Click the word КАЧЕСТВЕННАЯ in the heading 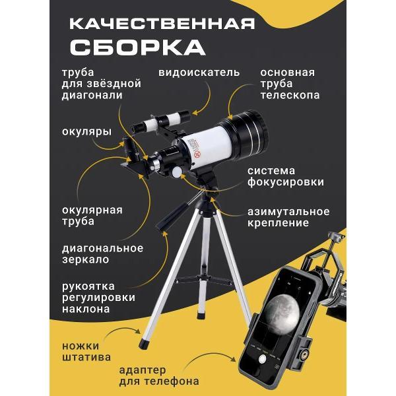[x=162, y=24]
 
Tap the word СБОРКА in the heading [x=138, y=47]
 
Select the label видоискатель [x=199, y=73]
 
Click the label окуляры [x=86, y=131]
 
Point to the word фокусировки [x=286, y=182]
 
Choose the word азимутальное [x=288, y=212]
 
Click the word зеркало [x=86, y=259]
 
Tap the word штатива [x=86, y=357]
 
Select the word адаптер [x=143, y=370]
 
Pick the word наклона [x=86, y=309]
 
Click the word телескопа [x=290, y=95]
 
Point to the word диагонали [x=92, y=96]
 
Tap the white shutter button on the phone [x=263, y=359]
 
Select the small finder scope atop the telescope [x=162, y=120]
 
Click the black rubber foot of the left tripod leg [x=145, y=345]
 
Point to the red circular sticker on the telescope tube [x=197, y=154]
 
